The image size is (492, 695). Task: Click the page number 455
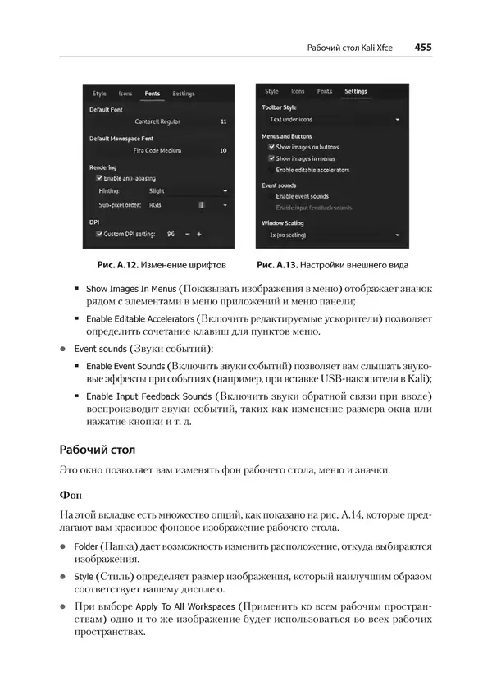click(x=423, y=48)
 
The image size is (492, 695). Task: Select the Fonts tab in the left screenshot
click(x=153, y=94)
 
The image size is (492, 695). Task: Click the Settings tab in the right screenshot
click(x=356, y=92)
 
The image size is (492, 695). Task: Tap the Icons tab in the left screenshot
click(x=125, y=94)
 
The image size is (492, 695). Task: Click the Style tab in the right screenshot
click(x=271, y=92)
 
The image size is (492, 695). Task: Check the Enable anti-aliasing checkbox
click(x=99, y=178)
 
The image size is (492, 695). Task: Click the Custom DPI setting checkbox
click(x=99, y=234)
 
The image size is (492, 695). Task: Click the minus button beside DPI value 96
click(x=187, y=234)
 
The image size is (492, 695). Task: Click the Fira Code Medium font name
click(x=157, y=150)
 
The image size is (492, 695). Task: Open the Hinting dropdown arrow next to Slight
click(x=224, y=190)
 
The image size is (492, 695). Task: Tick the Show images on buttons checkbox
click(x=271, y=147)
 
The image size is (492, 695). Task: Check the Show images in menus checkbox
click(x=271, y=158)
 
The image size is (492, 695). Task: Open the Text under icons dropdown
click(x=332, y=120)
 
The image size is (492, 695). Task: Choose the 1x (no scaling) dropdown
click(x=332, y=235)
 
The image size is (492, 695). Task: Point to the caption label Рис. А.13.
click(x=276, y=265)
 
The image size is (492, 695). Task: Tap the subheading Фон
click(x=71, y=496)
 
